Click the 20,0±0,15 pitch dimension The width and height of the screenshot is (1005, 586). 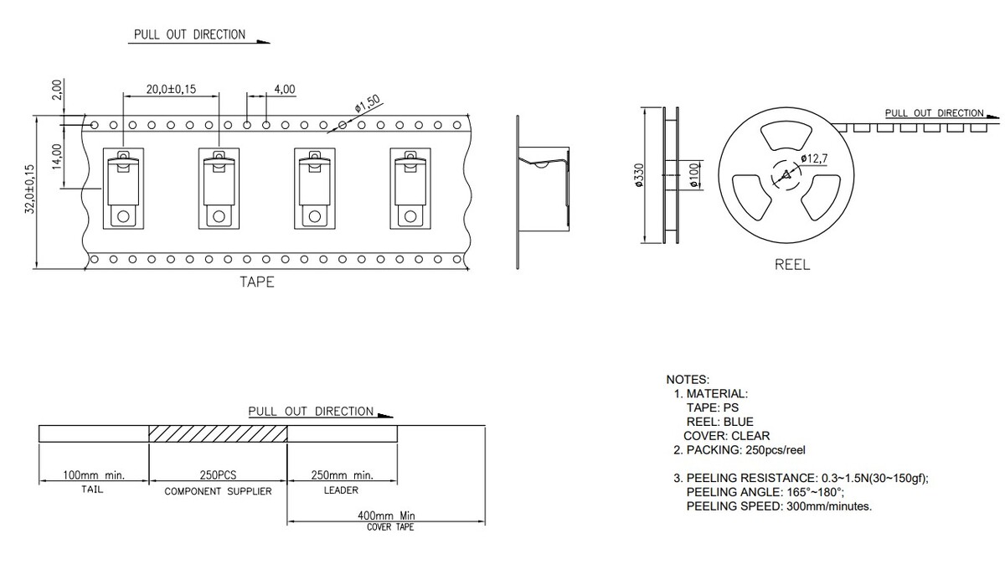click(x=171, y=89)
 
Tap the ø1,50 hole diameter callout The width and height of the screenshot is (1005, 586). click(x=368, y=103)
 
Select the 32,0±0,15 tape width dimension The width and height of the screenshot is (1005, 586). click(x=29, y=189)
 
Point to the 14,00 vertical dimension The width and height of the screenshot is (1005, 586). click(x=57, y=157)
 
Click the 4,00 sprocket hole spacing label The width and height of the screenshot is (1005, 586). click(x=285, y=89)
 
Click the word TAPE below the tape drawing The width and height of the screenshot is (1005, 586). click(x=256, y=282)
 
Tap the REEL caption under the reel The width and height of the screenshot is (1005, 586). click(x=792, y=264)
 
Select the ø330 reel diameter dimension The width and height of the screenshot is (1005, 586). click(x=640, y=175)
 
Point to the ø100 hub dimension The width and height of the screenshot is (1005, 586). click(x=694, y=175)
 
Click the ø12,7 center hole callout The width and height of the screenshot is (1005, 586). click(x=814, y=158)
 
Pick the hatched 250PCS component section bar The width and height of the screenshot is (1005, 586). click(x=218, y=433)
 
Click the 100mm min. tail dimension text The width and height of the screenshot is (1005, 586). click(x=94, y=475)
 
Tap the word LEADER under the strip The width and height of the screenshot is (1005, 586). click(x=341, y=490)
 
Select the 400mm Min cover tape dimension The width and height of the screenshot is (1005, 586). click(x=386, y=516)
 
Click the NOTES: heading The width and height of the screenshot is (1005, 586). click(x=688, y=380)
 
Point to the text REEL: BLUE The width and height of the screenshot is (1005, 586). click(x=720, y=422)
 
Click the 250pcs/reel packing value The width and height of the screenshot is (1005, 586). click(x=776, y=450)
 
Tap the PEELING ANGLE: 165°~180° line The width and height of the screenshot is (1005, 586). click(x=765, y=492)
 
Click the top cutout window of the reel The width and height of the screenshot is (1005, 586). click(x=786, y=135)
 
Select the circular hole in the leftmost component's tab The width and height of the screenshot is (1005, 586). click(x=123, y=217)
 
